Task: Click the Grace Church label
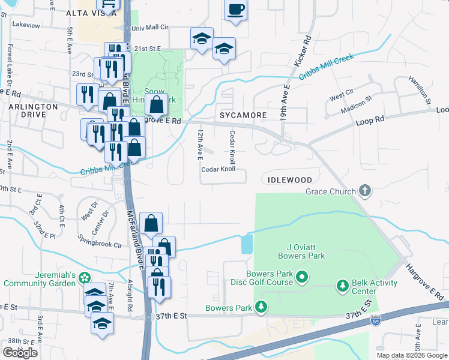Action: click(331, 192)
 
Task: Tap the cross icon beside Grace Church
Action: click(364, 191)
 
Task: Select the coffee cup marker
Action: click(235, 10)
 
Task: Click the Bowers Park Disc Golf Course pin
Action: click(303, 277)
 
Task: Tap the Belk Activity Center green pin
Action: click(343, 284)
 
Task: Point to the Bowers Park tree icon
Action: click(261, 308)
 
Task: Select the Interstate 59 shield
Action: click(375, 319)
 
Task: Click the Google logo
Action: click(20, 352)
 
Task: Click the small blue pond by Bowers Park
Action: click(247, 244)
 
